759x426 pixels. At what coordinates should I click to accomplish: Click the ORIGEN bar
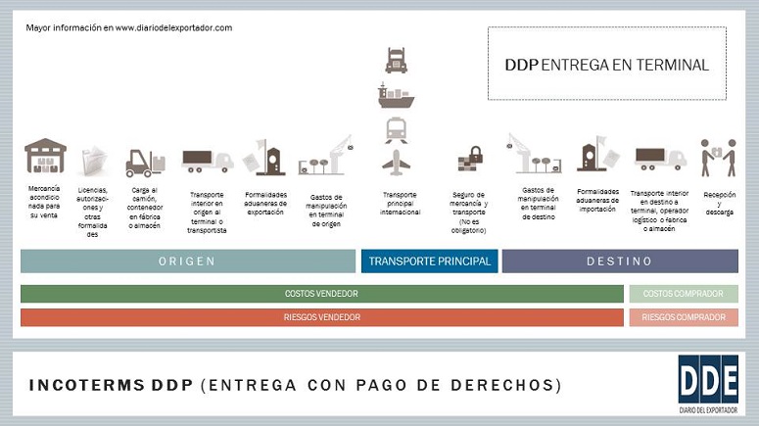(187, 261)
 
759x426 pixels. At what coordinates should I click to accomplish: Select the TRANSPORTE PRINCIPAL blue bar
(430, 261)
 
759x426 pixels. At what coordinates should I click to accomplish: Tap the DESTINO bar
(620, 261)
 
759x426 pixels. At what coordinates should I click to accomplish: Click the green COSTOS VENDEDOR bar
(321, 294)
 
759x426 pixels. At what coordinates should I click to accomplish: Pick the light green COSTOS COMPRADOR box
(684, 294)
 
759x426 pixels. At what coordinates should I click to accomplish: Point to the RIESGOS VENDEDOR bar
(321, 317)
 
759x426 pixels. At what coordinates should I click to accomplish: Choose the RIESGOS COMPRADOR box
(684, 317)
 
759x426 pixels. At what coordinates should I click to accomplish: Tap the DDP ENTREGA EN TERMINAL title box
(606, 64)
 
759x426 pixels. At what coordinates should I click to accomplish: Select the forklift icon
(144, 162)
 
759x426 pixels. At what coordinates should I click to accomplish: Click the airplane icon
(397, 160)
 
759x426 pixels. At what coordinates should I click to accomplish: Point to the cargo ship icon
(397, 95)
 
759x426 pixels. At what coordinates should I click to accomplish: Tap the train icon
(397, 127)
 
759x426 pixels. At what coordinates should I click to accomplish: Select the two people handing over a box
(718, 157)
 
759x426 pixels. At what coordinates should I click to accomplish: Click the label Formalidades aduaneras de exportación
(265, 203)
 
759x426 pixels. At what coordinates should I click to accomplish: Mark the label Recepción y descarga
(719, 203)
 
